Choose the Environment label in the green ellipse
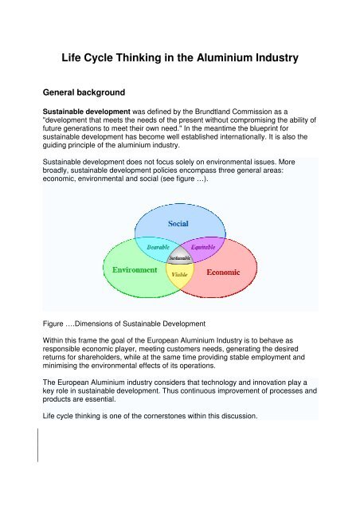tap(135, 269)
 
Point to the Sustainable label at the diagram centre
tap(181, 258)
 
